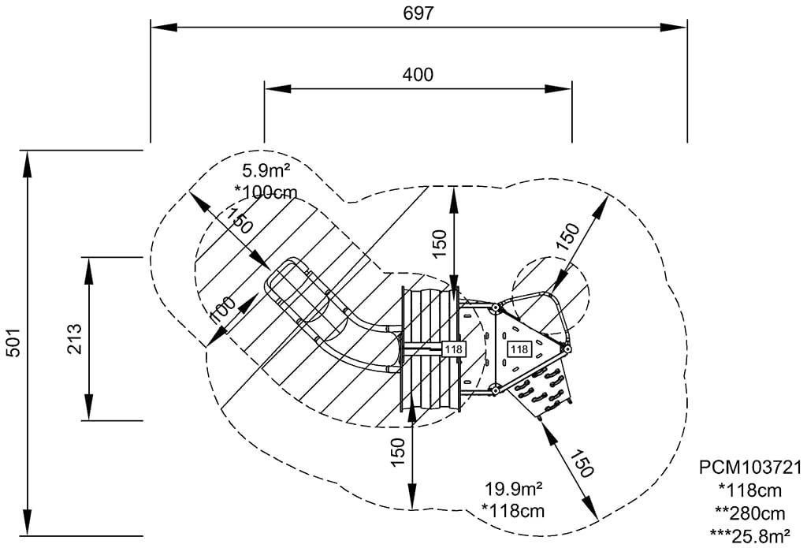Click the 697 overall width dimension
click(x=418, y=13)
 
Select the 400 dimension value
click(x=418, y=75)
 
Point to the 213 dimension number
click(x=73, y=340)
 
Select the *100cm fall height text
click(x=266, y=190)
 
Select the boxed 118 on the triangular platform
click(x=519, y=349)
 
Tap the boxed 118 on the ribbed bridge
click(x=454, y=349)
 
